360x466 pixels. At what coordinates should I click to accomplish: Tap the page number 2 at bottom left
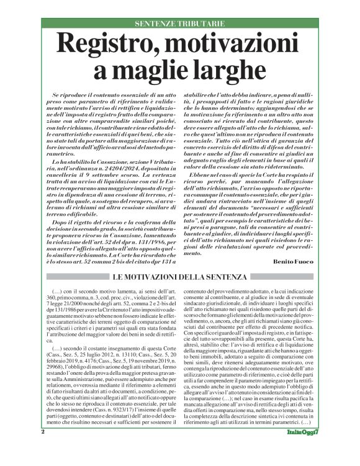pyautogui.click(x=43, y=448)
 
